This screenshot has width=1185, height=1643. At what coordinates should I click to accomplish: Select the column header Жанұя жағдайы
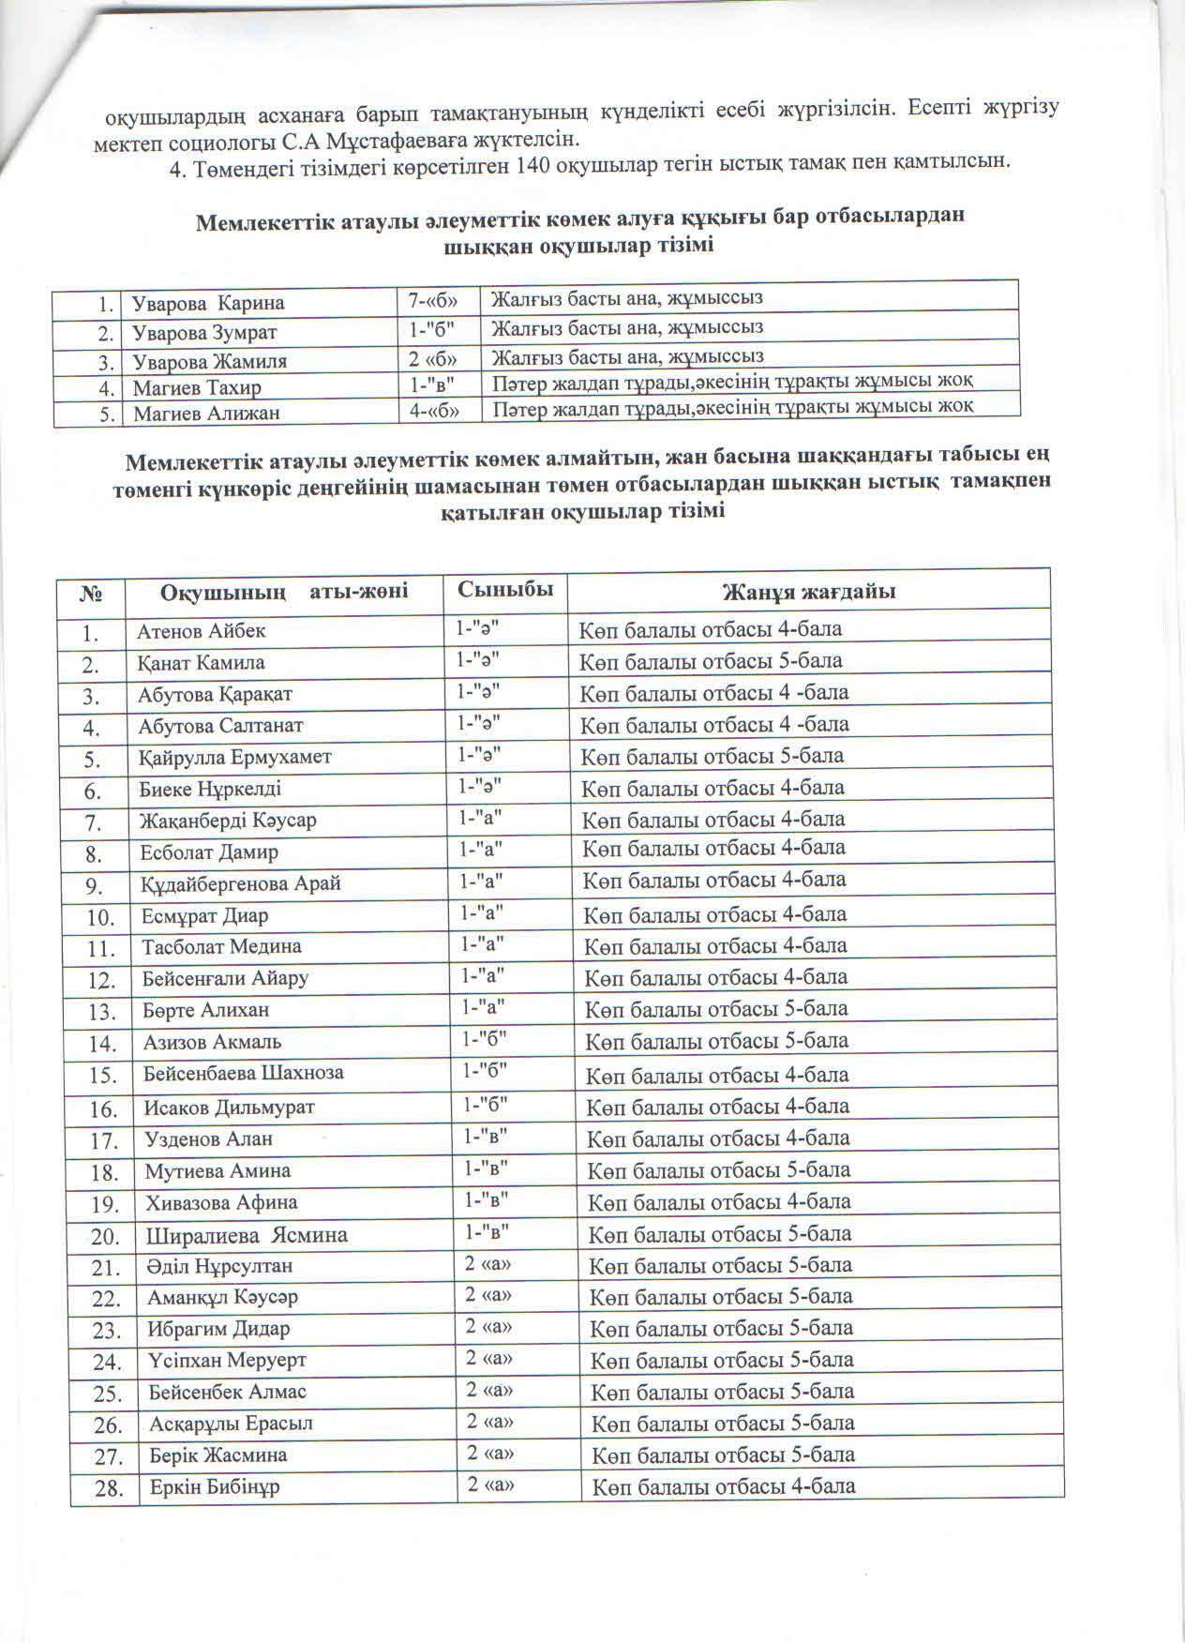pos(808,592)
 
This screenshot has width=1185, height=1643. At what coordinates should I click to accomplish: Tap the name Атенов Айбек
pos(202,630)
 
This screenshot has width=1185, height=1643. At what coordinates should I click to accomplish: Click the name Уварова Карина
pos(208,303)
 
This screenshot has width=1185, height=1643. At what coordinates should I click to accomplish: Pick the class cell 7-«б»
pos(434,300)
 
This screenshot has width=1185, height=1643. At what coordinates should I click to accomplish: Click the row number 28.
pos(109,1488)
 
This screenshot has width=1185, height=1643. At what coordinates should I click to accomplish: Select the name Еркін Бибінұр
pos(215,1486)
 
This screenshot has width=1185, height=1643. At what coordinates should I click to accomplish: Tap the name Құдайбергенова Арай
pos(241,883)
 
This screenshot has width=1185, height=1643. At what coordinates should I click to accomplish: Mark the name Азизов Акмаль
pos(212,1041)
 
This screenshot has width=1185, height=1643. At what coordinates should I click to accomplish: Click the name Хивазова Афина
pos(220,1202)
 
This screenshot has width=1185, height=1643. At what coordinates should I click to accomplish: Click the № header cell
pos(92,594)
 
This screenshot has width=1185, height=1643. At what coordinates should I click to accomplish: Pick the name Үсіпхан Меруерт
pos(227,1360)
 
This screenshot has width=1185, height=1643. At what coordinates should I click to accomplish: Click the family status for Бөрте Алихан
pos(716,1009)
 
